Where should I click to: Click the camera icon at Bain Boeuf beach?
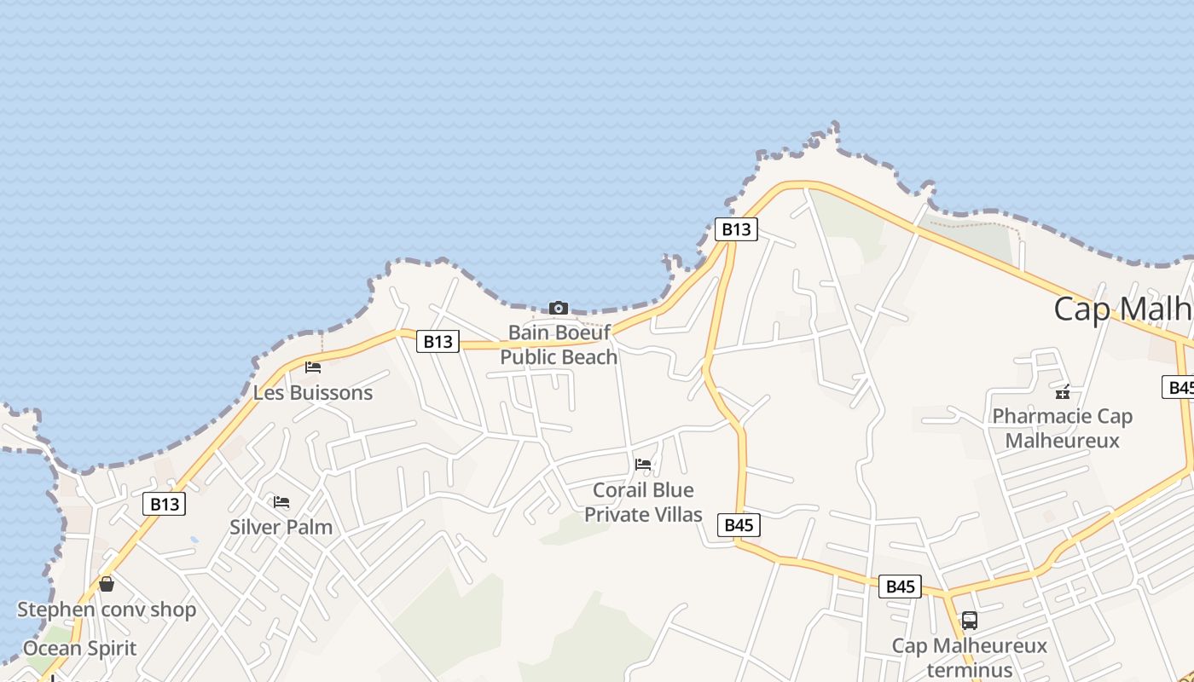[x=559, y=308]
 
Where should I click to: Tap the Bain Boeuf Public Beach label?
[x=559, y=344]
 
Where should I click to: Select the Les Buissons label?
[x=313, y=393]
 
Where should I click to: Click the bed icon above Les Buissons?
[x=313, y=367]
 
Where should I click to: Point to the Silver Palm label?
[x=281, y=527]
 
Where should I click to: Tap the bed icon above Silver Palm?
[x=281, y=502]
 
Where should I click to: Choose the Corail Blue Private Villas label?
[x=643, y=502]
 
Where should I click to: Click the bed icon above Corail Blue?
[x=643, y=465]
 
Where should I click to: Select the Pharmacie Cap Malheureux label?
[x=1062, y=428]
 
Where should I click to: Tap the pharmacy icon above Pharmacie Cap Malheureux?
[x=1063, y=392]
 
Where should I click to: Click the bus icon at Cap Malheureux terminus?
[x=969, y=621]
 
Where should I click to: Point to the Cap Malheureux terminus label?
[x=969, y=656]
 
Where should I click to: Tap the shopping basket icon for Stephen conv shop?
[x=107, y=584]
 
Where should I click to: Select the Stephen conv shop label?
[x=107, y=610]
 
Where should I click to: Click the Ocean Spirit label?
[x=79, y=648]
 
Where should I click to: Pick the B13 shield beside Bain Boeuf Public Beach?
[x=438, y=342]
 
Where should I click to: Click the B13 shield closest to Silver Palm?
[x=165, y=504]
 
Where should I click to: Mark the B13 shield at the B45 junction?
[x=735, y=228]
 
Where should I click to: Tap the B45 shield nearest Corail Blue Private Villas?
[x=739, y=525]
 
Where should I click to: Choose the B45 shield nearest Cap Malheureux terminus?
[x=900, y=586]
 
